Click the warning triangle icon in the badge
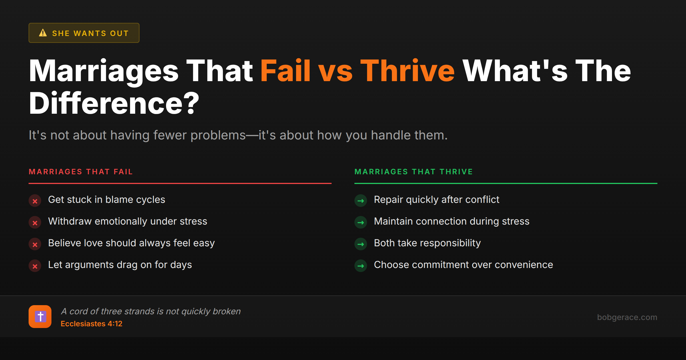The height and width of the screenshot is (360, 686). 43,33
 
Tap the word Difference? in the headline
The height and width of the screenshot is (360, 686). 114,103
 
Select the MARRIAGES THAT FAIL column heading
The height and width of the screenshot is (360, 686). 81,172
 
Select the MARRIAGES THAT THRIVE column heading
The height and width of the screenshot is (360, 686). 413,172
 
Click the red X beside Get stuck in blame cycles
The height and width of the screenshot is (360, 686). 35,201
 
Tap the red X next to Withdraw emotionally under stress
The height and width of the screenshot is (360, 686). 35,223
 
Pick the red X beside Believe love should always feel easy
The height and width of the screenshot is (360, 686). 35,244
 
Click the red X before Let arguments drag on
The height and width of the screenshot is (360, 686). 35,266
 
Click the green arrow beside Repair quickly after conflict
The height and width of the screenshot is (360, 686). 361,201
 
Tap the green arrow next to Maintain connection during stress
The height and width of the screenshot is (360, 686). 361,223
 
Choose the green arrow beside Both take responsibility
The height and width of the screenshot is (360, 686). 361,244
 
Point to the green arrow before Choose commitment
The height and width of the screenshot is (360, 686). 361,266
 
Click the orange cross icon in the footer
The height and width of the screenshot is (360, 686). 40,317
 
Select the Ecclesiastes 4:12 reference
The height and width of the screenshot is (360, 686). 91,324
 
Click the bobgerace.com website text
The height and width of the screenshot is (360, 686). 627,317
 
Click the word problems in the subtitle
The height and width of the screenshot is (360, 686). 218,135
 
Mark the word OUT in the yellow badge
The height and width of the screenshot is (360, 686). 119,33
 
